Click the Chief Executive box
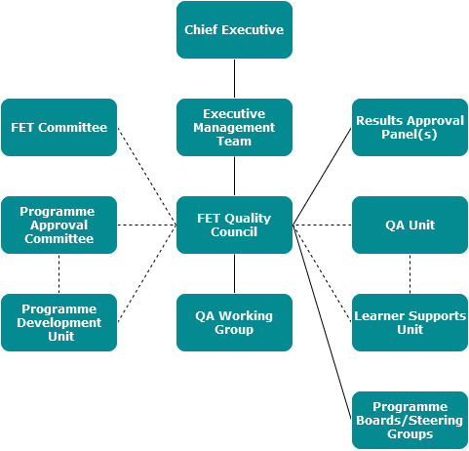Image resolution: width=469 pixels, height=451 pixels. (x=234, y=29)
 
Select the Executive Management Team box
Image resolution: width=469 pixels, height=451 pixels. (x=234, y=127)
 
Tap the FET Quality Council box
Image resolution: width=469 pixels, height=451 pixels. (x=234, y=225)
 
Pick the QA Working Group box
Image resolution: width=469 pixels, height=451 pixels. (x=234, y=322)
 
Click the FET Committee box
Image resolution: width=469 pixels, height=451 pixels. (x=59, y=127)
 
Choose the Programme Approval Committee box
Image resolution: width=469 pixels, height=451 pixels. (x=59, y=225)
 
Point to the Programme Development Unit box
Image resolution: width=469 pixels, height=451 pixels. (x=59, y=322)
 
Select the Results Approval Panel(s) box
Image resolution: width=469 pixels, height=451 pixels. (x=410, y=127)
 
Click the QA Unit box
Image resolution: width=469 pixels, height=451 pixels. (x=410, y=225)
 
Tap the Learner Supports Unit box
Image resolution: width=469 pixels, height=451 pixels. (x=410, y=322)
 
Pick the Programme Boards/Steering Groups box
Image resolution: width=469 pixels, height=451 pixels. (x=410, y=420)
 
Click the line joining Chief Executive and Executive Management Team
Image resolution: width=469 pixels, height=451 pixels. (x=234, y=78)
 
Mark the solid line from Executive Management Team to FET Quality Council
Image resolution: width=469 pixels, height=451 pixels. (x=234, y=176)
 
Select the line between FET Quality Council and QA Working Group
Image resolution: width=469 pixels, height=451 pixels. (x=234, y=273)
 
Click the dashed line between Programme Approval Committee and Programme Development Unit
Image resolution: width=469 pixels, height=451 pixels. (x=59, y=273)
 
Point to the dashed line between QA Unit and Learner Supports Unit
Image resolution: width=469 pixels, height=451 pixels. (x=410, y=273)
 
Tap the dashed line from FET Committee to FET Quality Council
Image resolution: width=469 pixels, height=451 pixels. (x=147, y=176)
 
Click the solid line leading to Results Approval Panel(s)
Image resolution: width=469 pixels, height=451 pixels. (x=322, y=176)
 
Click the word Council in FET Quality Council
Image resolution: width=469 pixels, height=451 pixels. (x=234, y=232)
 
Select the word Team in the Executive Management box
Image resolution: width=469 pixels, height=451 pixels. (x=234, y=142)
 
